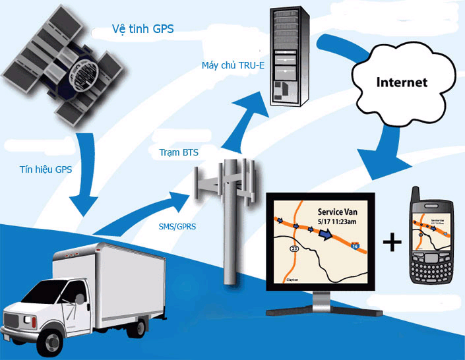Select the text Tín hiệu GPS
pos(46,169)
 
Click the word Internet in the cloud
pos(402,82)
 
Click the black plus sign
pos(392,243)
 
